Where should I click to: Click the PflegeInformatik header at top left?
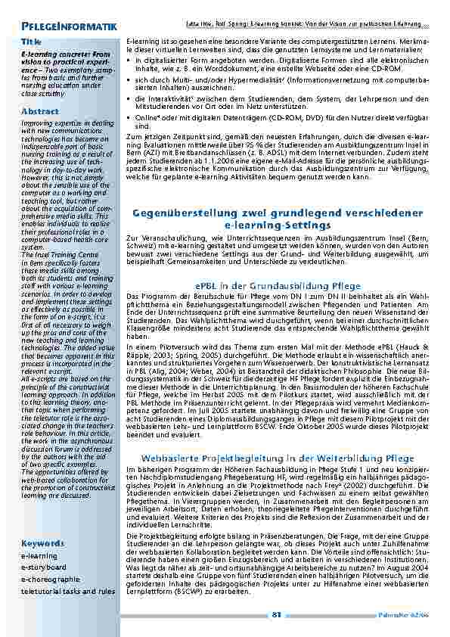pos(69,27)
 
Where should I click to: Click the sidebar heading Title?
pos(32,40)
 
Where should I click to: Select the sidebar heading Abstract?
pos(40,111)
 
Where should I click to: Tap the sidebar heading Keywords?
pos(42,543)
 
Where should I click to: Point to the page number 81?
pos(277,614)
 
